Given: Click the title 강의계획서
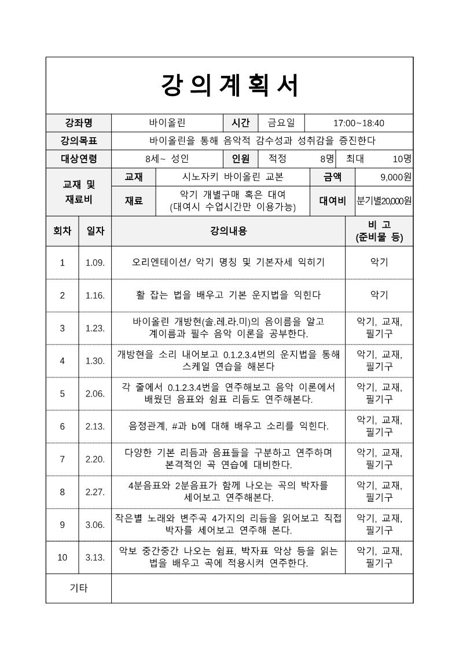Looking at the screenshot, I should tap(229, 86).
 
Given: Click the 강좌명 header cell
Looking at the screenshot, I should tap(78, 123).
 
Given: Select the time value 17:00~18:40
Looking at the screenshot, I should tap(359, 123).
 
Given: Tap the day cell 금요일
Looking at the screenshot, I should tap(281, 123).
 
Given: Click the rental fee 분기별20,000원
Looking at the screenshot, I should tap(384, 201).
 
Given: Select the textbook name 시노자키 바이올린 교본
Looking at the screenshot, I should tap(233, 177).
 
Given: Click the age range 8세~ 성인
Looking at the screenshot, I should tap(167, 159).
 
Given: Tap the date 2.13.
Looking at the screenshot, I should tap(95, 427).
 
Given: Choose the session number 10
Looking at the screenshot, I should tap(63, 557).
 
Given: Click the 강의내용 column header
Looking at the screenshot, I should tap(228, 231).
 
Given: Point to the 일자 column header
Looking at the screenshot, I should tap(95, 231).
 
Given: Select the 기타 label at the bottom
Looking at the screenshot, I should tap(78, 588).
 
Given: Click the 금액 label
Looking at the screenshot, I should tap(333, 177).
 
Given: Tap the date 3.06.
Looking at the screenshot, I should tap(95, 525).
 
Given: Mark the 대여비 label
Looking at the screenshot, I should tap(333, 201).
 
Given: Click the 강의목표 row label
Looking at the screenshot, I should tap(78, 141).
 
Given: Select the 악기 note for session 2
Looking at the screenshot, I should tap(379, 295).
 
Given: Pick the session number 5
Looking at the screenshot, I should tap(63, 394).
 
